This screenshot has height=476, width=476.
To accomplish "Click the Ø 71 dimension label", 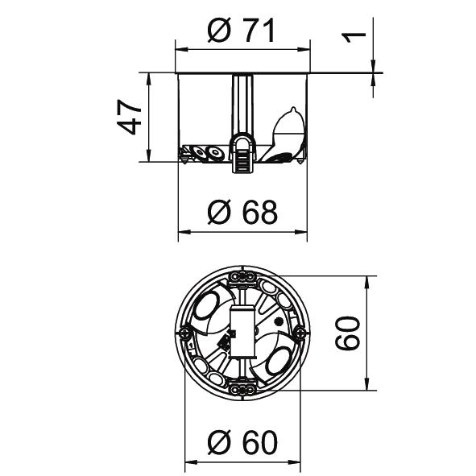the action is (x=242, y=30).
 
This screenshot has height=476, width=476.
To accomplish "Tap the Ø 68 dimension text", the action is (x=242, y=212).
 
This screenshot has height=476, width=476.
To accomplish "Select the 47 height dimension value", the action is (x=130, y=117).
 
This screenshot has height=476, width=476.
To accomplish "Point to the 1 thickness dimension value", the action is (x=354, y=37).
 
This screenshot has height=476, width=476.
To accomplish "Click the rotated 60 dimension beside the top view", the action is (x=348, y=333).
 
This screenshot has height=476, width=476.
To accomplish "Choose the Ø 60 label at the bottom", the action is (x=242, y=442).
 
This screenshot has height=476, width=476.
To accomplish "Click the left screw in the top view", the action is (x=185, y=333).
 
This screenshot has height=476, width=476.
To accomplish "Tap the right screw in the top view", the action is (x=300, y=333).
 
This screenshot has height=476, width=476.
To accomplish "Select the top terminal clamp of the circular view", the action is (x=242, y=276).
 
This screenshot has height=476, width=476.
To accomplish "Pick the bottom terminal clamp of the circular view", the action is (x=242, y=389).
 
